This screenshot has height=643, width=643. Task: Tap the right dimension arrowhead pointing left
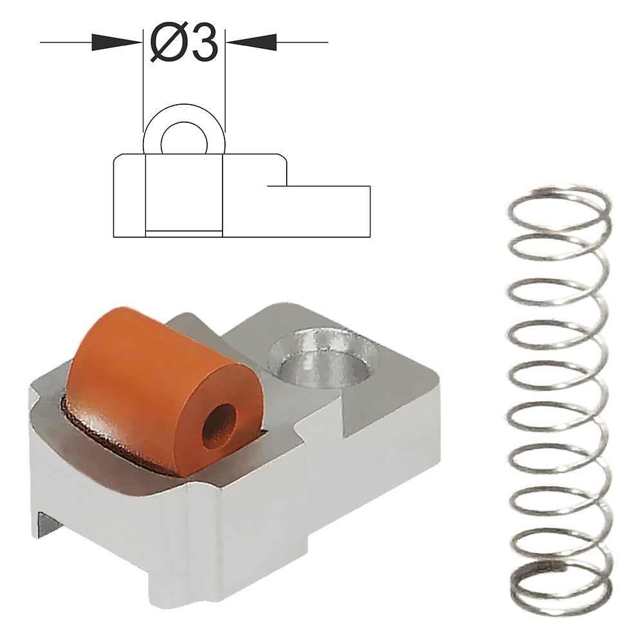coord(251,42)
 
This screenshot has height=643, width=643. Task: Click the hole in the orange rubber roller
coord(219,425)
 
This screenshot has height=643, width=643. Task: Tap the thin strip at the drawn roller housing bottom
coord(184,233)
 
